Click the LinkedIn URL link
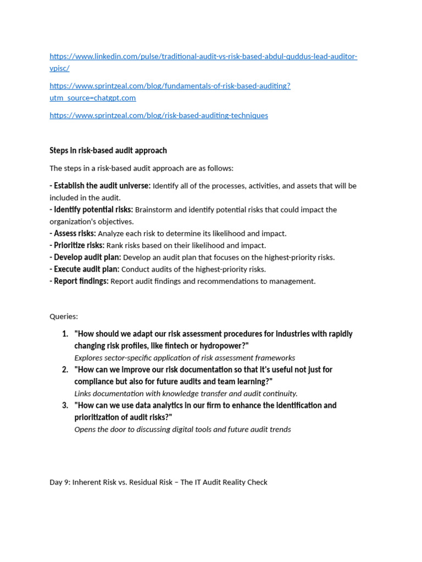pos(203,57)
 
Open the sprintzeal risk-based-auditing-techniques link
pos(159,115)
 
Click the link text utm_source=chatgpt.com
pos(92,98)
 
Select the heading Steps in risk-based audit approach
pos(108,150)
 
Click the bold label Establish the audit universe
pos(102,186)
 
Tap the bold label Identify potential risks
pos(93,210)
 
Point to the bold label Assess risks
pos(74,233)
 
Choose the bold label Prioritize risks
pos(79,245)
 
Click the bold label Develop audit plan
pos(87,257)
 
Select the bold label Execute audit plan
pos(86,269)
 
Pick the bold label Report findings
pos(81,281)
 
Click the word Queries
pos(64,316)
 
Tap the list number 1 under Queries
pos(65,334)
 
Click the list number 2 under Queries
pos(65,369)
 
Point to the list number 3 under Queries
pos(65,405)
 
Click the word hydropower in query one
pos(223,346)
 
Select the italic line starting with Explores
pos(185,358)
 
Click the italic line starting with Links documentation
pos(186,394)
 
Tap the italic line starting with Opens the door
pos(182,429)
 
